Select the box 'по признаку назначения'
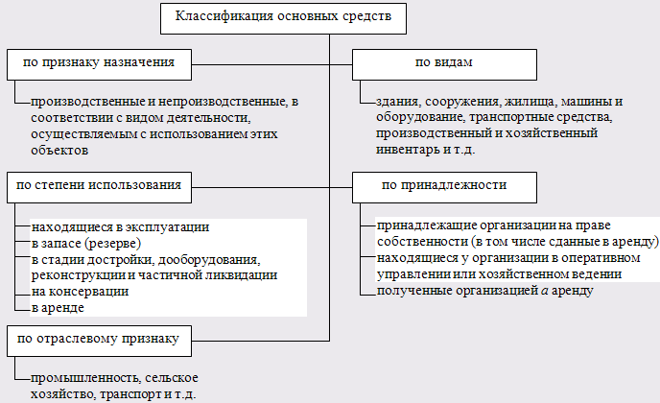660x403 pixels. pyautogui.click(x=96, y=64)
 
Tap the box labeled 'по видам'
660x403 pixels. pyautogui.click(x=444, y=64)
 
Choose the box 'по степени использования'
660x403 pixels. pyautogui.click(x=96, y=185)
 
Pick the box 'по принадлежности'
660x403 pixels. pyautogui.click(x=444, y=185)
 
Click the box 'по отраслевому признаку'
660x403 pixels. pyautogui.click(x=96, y=338)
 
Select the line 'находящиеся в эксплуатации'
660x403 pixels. pyautogui.click(x=119, y=227)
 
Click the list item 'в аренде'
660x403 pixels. pyautogui.click(x=58, y=307)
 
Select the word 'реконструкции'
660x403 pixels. pyautogui.click(x=77, y=275)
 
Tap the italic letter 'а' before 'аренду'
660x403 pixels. pyautogui.click(x=543, y=291)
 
